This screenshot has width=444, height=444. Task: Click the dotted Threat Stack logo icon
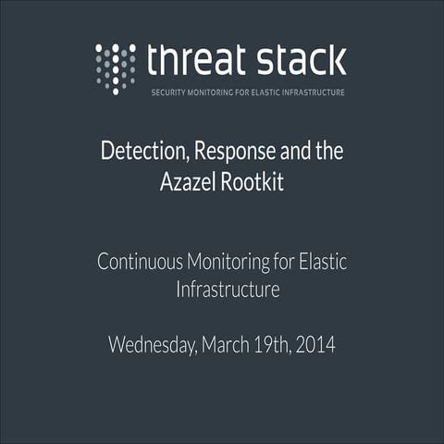pyautogui.click(x=116, y=68)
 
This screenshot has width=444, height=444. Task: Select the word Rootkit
pyautogui.click(x=251, y=181)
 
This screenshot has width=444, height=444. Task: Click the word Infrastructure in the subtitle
pyautogui.click(x=228, y=290)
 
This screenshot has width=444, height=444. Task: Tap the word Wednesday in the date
pyautogui.click(x=149, y=347)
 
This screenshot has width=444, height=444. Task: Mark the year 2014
pyautogui.click(x=316, y=346)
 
